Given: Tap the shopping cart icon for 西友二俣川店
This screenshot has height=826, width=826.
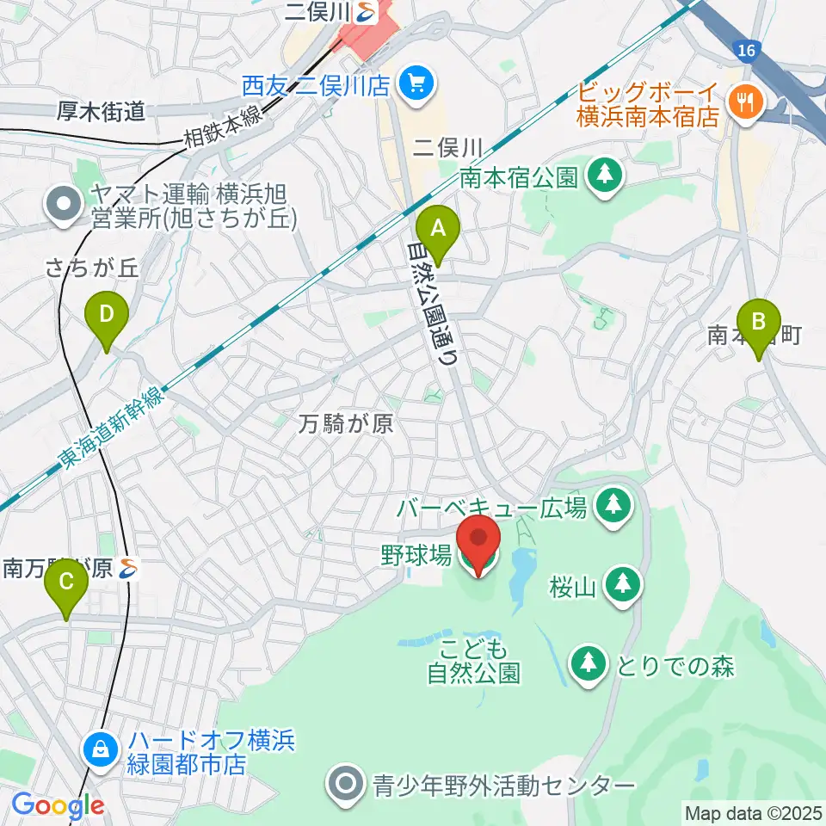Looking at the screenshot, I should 419,83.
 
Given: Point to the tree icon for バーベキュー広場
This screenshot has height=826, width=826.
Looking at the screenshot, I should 613,505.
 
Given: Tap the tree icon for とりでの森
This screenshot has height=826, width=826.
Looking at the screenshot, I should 589,663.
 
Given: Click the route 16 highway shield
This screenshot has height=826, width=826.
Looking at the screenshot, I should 746,52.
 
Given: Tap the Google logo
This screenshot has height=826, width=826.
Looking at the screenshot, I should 58,806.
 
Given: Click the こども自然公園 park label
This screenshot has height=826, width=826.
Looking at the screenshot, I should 474,660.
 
